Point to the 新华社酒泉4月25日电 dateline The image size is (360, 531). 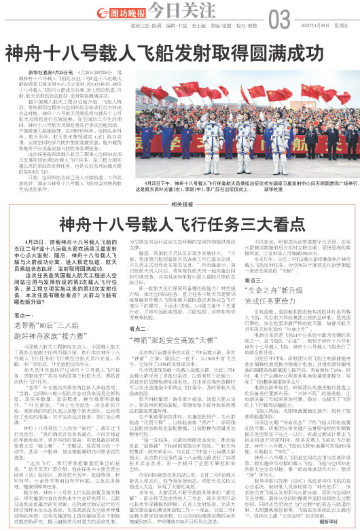coord(48,71)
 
